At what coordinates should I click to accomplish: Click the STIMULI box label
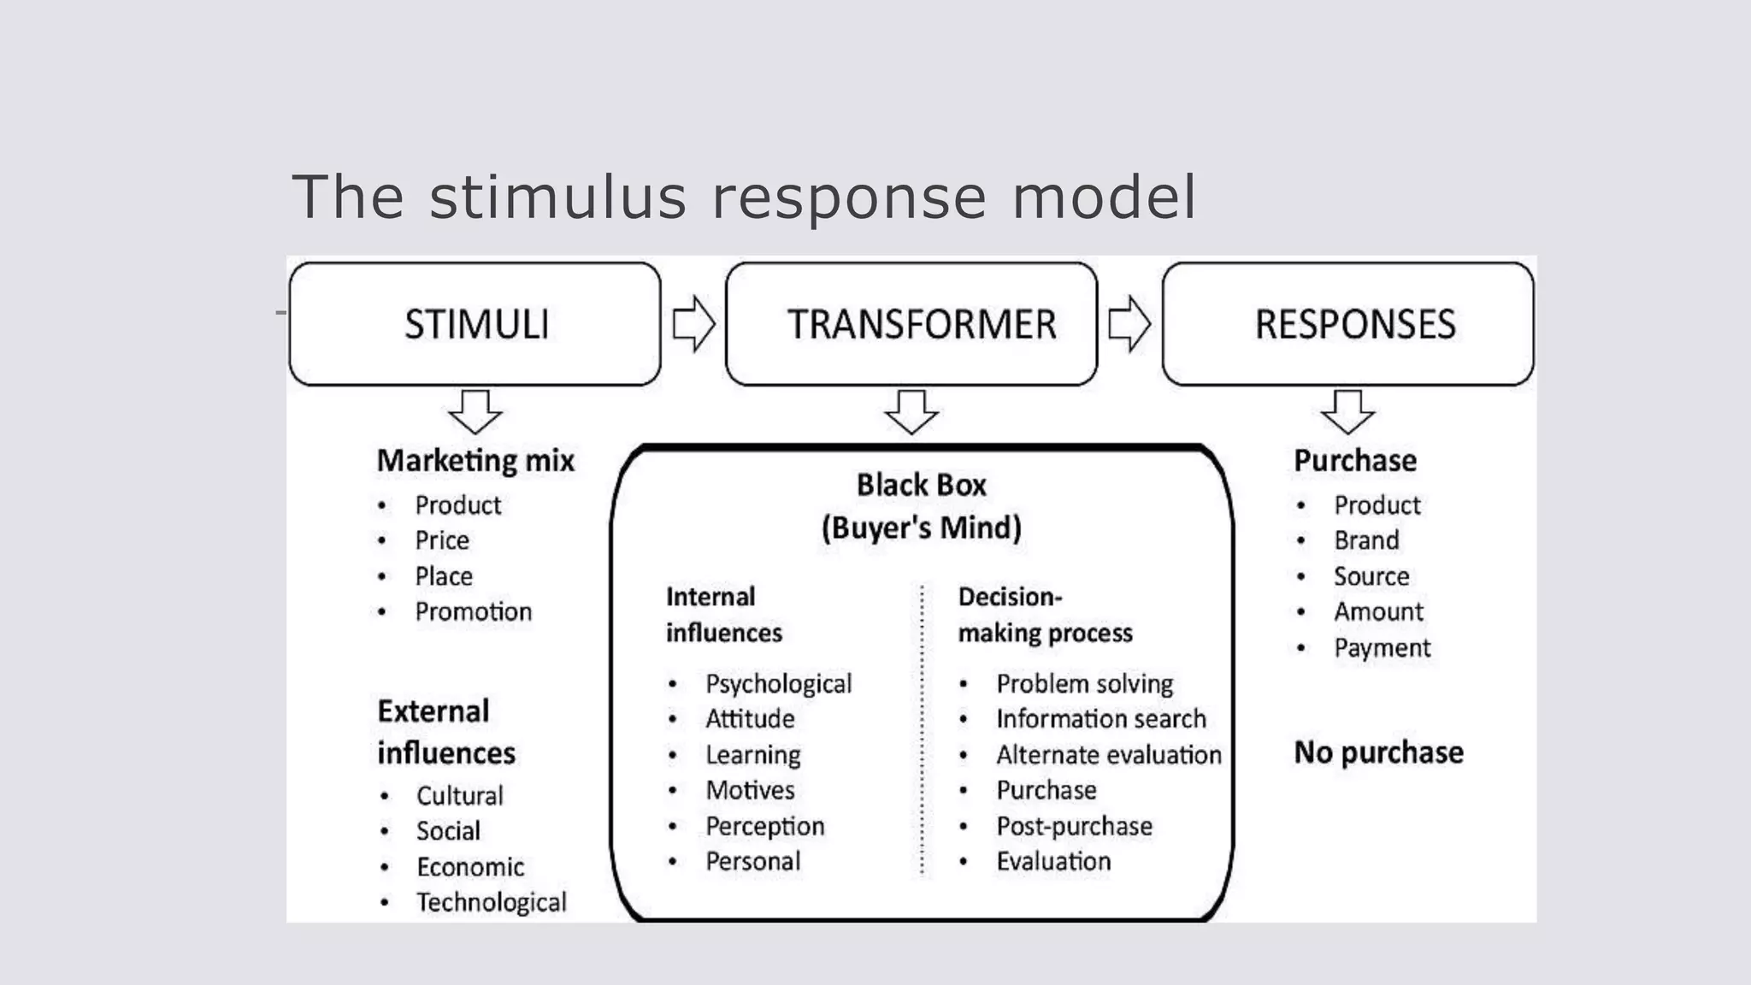[x=476, y=325]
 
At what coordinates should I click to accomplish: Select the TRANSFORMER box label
[x=921, y=325]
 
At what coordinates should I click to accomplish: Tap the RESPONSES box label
[x=1354, y=325]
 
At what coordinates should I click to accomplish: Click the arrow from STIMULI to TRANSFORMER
[x=693, y=324]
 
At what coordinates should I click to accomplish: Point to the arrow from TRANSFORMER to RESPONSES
[x=1129, y=324]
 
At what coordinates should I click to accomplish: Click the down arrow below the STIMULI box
[x=475, y=411]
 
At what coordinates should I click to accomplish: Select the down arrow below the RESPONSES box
[x=1347, y=411]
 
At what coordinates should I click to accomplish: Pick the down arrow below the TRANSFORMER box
[x=911, y=411]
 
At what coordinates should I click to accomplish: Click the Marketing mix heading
[x=475, y=461]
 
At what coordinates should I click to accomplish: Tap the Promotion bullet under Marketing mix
[x=473, y=612]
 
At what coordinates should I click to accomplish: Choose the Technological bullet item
[x=491, y=902]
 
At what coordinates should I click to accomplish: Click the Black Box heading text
[x=921, y=486]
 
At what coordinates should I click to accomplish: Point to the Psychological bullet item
[x=778, y=684]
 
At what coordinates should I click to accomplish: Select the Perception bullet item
[x=764, y=826]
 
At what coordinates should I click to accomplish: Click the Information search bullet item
[x=1100, y=719]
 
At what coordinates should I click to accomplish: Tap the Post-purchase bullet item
[x=1074, y=826]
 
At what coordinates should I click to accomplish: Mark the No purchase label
[x=1378, y=752]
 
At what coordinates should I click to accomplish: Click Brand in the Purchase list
[x=1366, y=540]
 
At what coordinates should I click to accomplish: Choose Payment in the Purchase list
[x=1382, y=648]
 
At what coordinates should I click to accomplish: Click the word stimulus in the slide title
[x=557, y=198]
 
